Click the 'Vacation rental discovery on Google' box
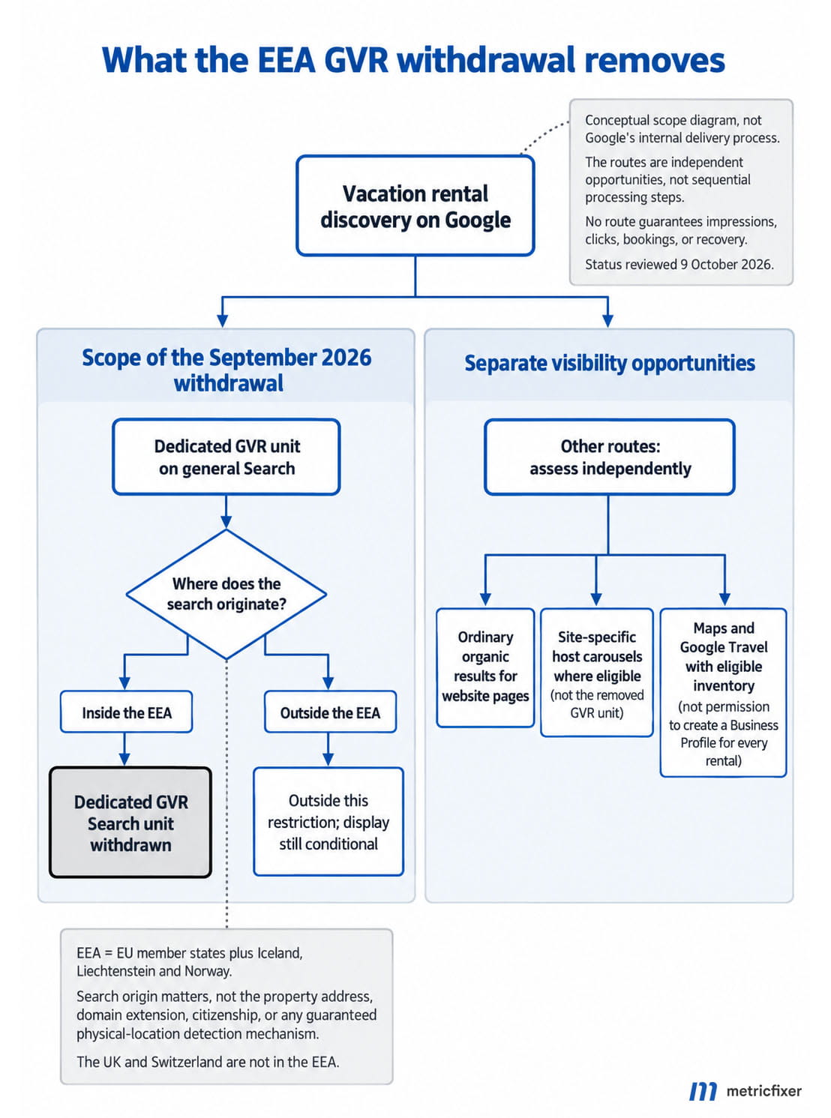pyautogui.click(x=415, y=205)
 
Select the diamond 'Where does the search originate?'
pyautogui.click(x=226, y=594)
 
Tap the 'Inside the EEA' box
pyautogui.click(x=126, y=712)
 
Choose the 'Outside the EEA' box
pyautogui.click(x=330, y=712)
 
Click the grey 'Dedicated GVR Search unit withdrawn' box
pyautogui.click(x=130, y=823)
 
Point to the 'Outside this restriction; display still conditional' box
pyautogui.click(x=328, y=822)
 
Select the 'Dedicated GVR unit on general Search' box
pyautogui.click(x=226, y=457)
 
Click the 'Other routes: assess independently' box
pyautogui.click(x=610, y=457)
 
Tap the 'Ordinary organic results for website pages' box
pyautogui.click(x=485, y=667)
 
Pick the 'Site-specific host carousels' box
pyautogui.click(x=597, y=673)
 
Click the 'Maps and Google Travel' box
pyautogui.click(x=724, y=693)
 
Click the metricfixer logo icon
pyautogui.click(x=703, y=1091)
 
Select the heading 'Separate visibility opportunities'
pyautogui.click(x=610, y=363)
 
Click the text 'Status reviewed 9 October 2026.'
pyautogui.click(x=679, y=264)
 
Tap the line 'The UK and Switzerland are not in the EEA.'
pyautogui.click(x=208, y=1062)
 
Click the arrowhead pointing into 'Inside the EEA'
pyautogui.click(x=124, y=684)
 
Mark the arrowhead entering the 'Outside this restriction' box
pyautogui.click(x=328, y=760)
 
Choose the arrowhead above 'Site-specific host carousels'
pyautogui.click(x=596, y=600)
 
